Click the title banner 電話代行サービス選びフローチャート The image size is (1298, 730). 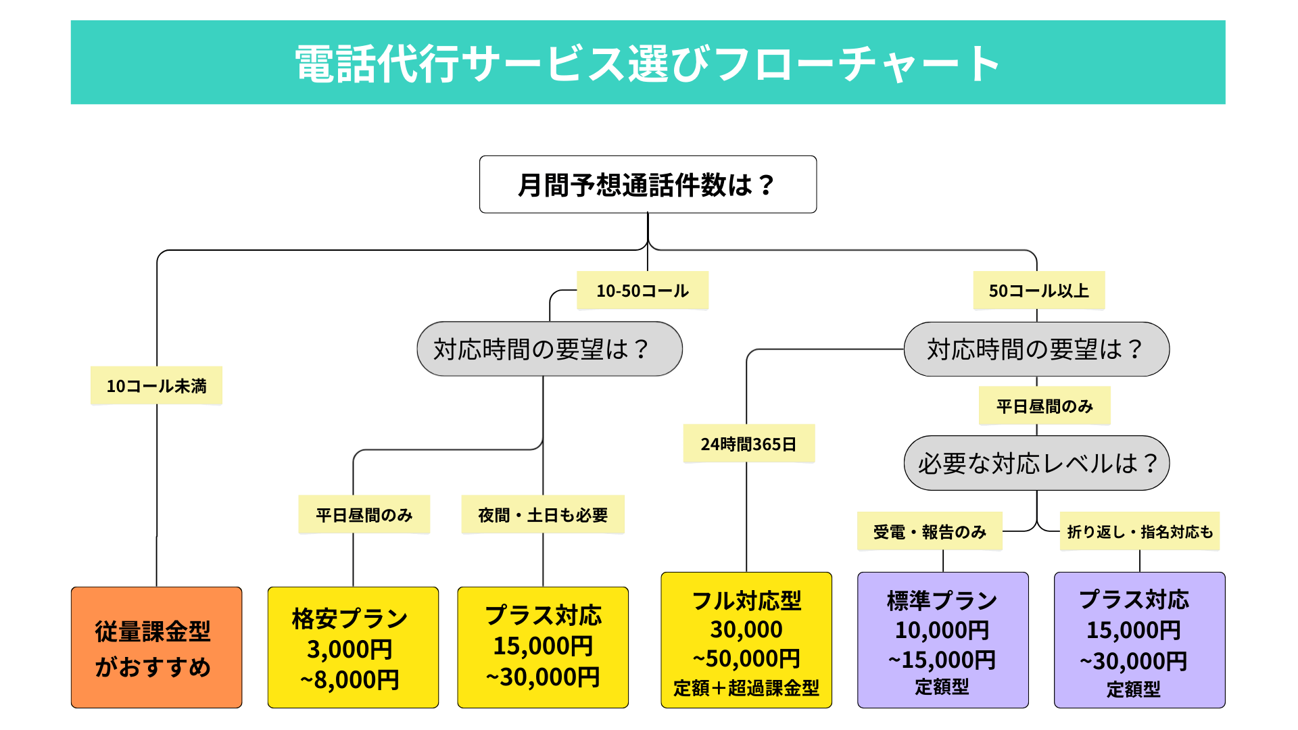click(648, 62)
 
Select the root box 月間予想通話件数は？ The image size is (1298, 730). click(648, 185)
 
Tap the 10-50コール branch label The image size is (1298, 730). click(642, 291)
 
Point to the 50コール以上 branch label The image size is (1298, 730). click(1038, 291)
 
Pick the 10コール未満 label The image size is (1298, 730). click(156, 386)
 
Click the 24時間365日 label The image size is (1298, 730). click(748, 444)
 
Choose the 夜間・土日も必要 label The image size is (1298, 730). click(543, 515)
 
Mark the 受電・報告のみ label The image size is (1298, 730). click(930, 532)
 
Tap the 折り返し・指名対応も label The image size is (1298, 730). click(1140, 532)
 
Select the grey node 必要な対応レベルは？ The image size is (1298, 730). click(1036, 463)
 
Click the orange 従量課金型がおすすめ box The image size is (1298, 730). click(156, 648)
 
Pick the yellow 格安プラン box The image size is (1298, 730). click(353, 648)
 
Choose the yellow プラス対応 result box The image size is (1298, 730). click(543, 648)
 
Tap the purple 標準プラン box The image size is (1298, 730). click(943, 640)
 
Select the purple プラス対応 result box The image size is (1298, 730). click(1140, 640)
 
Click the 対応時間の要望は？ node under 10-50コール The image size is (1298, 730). click(549, 349)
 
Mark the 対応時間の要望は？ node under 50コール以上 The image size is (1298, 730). click(1036, 349)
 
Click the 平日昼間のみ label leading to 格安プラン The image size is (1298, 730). click(364, 515)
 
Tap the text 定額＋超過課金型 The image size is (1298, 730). click(746, 688)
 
